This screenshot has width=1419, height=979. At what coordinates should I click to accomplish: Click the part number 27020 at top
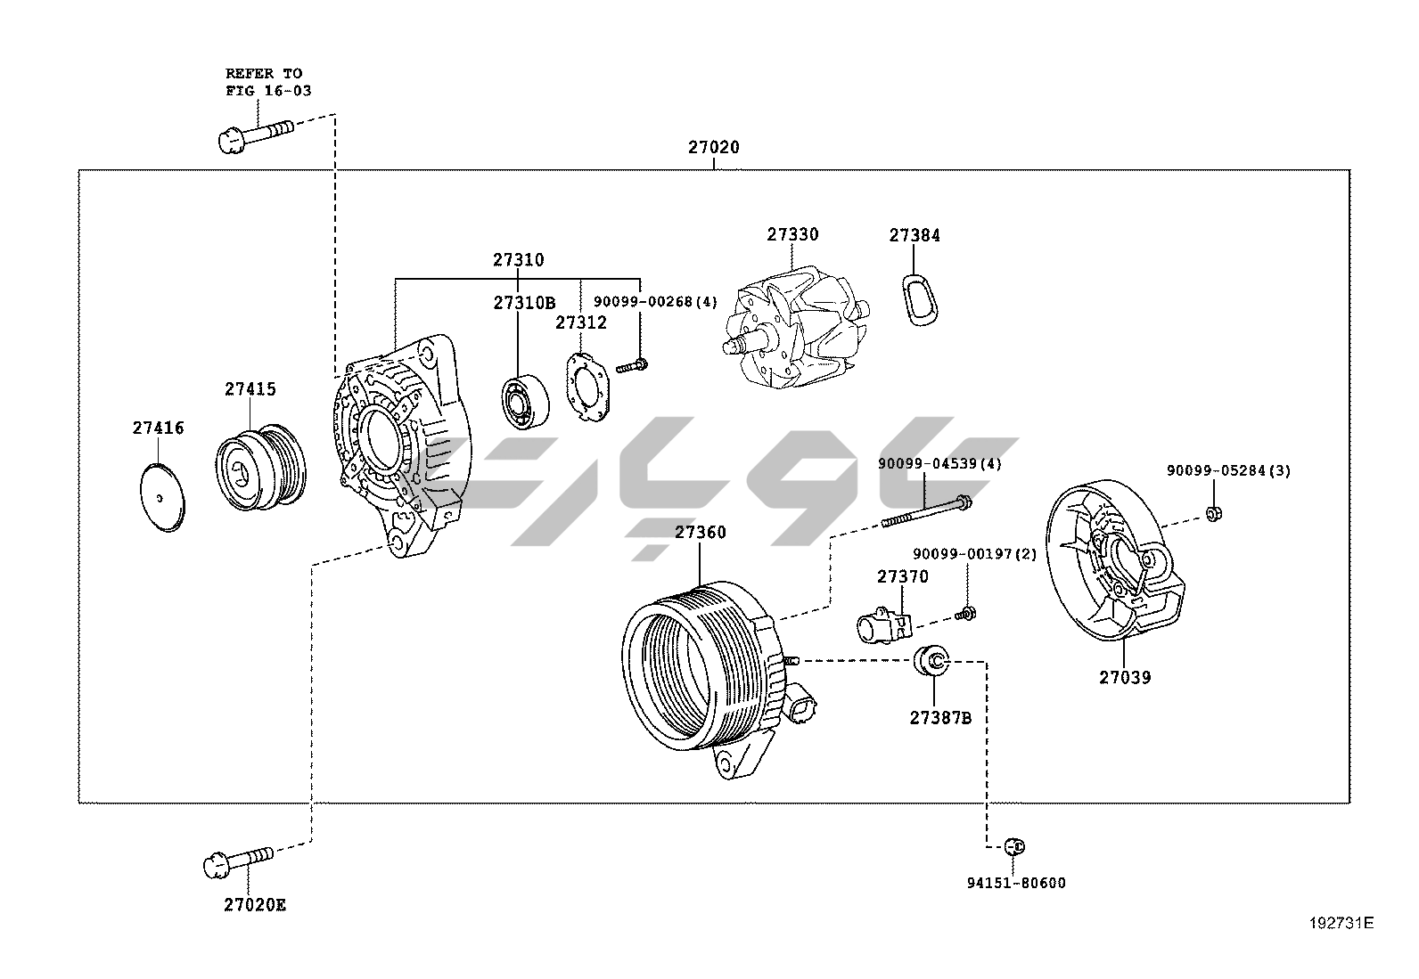(713, 147)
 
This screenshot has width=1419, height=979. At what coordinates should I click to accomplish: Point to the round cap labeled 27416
(162, 497)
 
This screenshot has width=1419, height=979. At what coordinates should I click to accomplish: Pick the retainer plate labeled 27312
(586, 388)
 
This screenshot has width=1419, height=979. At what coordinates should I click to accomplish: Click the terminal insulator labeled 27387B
(932, 662)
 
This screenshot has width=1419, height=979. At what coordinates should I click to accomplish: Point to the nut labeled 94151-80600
(1013, 846)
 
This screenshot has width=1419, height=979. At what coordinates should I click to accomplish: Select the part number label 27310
(518, 260)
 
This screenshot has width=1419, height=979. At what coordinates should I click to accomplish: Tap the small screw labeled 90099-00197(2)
(964, 613)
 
